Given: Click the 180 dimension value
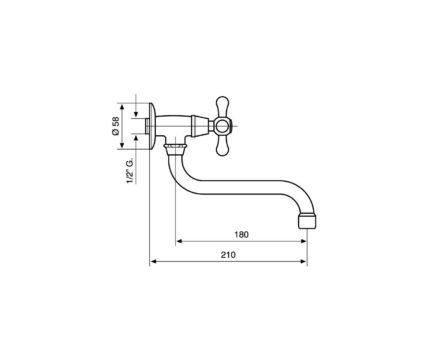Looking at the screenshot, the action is pyautogui.click(x=241, y=235).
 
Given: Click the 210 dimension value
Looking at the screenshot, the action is pyautogui.click(x=228, y=255).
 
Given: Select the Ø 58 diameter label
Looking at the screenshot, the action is pyautogui.click(x=116, y=126).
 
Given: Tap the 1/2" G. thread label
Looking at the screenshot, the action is pyautogui.click(x=130, y=171).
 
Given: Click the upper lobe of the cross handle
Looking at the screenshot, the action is pyautogui.click(x=222, y=106).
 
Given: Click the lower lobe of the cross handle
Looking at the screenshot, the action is pyautogui.click(x=222, y=146).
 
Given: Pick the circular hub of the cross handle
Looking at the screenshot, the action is pyautogui.click(x=222, y=126).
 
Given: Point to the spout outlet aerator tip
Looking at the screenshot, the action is pyautogui.click(x=306, y=221).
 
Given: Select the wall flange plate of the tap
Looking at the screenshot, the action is pyautogui.click(x=152, y=126).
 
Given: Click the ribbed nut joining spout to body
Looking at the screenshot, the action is pyautogui.click(x=175, y=147).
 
